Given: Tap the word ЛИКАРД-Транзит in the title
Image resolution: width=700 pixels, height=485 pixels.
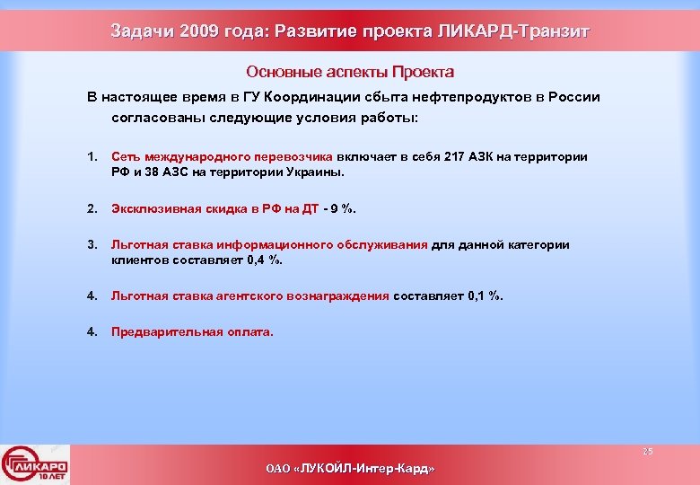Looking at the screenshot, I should pos(513,32).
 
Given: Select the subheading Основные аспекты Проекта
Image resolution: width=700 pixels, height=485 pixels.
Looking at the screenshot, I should pos(350,72).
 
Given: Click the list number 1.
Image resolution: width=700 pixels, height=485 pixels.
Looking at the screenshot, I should pos(92,156).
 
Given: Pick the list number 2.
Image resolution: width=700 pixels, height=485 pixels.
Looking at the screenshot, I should pos(92,209).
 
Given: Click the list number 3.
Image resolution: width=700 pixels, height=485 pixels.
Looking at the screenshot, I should pos(92,244).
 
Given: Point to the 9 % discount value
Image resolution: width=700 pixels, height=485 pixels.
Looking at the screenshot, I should pos(342,209).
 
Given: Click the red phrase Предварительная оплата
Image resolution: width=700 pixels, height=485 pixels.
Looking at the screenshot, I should pos(192,331).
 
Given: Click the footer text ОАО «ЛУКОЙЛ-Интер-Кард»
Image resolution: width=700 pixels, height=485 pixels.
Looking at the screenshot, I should pos(350,469).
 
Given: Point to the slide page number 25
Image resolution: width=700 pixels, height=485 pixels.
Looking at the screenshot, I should pos(647,451).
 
